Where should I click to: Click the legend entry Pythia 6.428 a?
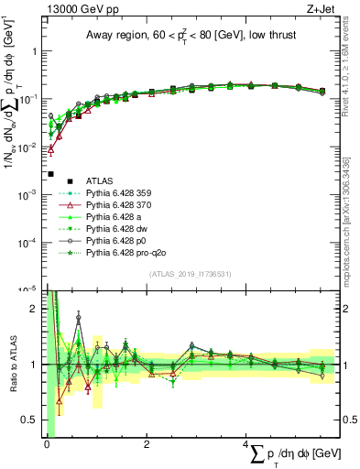coord(115,222)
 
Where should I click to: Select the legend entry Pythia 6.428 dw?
coord(117,235)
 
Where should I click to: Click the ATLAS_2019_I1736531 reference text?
coord(191,275)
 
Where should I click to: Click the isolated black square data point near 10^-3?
coord(51,174)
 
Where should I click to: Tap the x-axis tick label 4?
coord(246,445)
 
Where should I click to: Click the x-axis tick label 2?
coord(147,445)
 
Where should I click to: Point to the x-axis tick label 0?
coord(47,445)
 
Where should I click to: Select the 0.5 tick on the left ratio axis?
coord(33,420)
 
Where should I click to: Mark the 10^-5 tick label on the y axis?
coord(29,289)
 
